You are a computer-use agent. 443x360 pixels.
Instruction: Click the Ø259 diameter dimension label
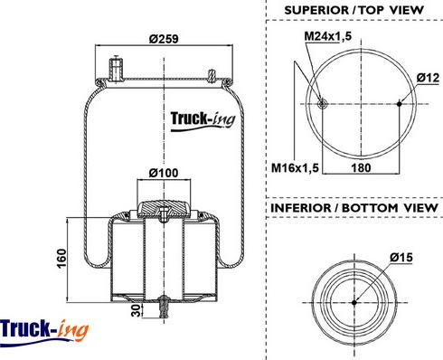coord(161,39)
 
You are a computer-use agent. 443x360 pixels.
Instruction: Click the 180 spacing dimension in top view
coord(360,167)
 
